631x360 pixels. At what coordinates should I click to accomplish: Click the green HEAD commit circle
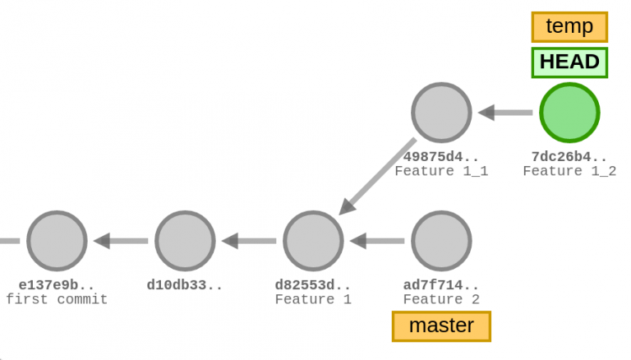(x=569, y=113)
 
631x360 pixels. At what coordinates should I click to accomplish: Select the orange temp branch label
(x=569, y=26)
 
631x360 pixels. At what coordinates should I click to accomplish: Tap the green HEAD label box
(x=569, y=62)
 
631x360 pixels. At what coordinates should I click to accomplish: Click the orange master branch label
(x=441, y=325)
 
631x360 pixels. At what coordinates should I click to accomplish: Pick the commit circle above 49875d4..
(x=441, y=113)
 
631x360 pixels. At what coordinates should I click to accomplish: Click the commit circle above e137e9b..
(x=57, y=241)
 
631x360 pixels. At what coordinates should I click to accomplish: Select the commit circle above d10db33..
(x=185, y=241)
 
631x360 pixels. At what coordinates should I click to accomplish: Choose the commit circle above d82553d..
(x=313, y=241)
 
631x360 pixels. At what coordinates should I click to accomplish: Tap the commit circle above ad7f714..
(x=441, y=241)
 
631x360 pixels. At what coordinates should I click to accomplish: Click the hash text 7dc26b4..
(x=569, y=157)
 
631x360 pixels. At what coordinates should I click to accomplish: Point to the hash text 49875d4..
(x=441, y=157)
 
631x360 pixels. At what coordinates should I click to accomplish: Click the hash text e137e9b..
(x=57, y=285)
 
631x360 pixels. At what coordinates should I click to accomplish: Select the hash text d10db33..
(x=185, y=285)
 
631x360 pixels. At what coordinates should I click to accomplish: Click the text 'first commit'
(x=57, y=299)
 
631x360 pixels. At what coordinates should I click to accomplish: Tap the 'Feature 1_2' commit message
(x=569, y=171)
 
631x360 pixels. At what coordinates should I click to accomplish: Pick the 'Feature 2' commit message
(x=441, y=299)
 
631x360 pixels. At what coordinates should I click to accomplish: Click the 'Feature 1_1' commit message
(x=441, y=171)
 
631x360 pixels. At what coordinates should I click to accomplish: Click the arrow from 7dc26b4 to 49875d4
(x=505, y=113)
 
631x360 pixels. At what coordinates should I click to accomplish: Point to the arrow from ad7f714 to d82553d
(x=377, y=241)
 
